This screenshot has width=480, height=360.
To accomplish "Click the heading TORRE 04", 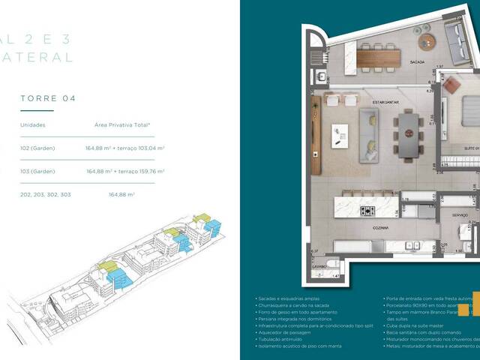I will [x=48, y=98].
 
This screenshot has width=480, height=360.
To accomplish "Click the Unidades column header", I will [x=32, y=124].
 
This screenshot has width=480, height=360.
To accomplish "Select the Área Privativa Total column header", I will [x=122, y=124].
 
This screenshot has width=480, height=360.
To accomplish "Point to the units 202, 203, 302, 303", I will [x=45, y=194].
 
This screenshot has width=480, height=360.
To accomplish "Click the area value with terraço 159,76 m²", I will [x=125, y=171].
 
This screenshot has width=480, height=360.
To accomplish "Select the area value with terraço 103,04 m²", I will [x=125, y=148].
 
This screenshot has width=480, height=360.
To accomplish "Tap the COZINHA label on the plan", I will [x=382, y=226].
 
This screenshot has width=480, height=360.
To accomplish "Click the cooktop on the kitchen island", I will [x=368, y=211].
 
